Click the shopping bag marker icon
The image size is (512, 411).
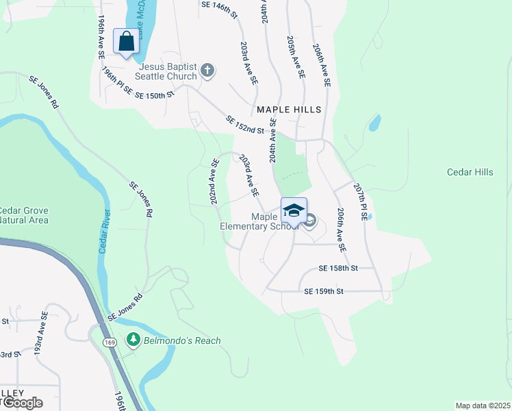point(127,42)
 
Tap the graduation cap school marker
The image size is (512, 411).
point(294,210)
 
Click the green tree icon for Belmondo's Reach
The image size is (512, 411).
point(133,340)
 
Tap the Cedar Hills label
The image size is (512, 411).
point(470,172)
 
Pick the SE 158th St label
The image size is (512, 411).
point(338,269)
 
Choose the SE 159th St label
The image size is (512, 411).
point(323,291)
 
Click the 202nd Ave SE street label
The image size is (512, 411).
point(213,182)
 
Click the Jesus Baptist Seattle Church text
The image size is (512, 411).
point(167,72)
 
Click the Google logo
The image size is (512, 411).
point(22,403)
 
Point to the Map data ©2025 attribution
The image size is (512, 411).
point(483,406)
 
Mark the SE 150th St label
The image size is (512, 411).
point(155,95)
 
